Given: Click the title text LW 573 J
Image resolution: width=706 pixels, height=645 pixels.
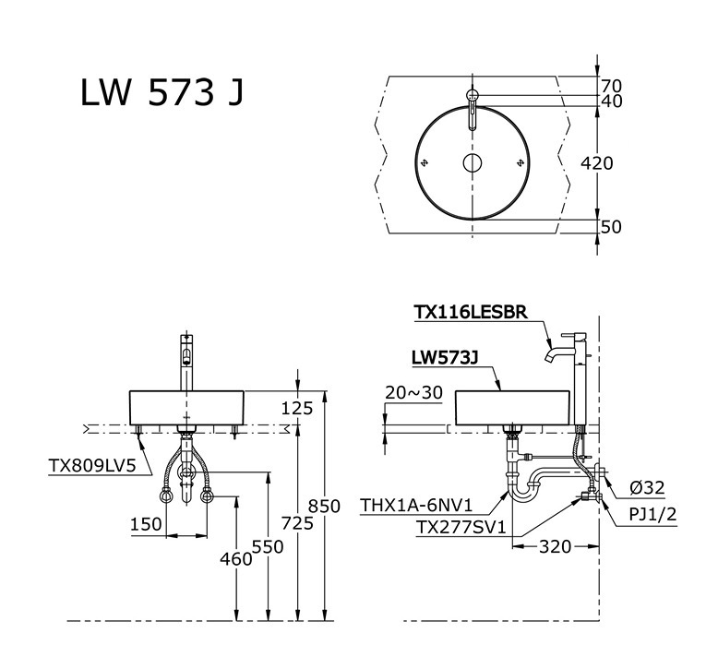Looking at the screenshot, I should tap(162, 93).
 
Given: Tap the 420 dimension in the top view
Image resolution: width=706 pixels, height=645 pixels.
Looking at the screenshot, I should tap(596, 163).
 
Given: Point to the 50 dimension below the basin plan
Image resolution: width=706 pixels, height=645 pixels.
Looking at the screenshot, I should tap(611, 227).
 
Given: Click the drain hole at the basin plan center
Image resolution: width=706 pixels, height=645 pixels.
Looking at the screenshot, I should tap(473, 164).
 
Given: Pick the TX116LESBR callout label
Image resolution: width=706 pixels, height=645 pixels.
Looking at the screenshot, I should tap(471, 313).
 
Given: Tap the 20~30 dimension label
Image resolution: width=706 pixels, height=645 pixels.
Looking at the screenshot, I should tap(413, 393).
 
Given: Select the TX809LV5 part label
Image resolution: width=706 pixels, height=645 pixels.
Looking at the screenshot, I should tap(92, 466).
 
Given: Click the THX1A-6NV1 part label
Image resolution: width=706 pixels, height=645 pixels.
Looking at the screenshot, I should tap(416, 506).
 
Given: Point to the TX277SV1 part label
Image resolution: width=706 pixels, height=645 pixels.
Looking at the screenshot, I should tap(459, 527).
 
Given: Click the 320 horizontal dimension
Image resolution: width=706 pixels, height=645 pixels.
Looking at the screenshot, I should tap(554, 546).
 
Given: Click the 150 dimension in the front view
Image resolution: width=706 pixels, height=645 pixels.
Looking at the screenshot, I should tap(146, 524).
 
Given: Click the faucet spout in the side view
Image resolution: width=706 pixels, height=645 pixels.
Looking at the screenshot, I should tap(550, 353).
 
